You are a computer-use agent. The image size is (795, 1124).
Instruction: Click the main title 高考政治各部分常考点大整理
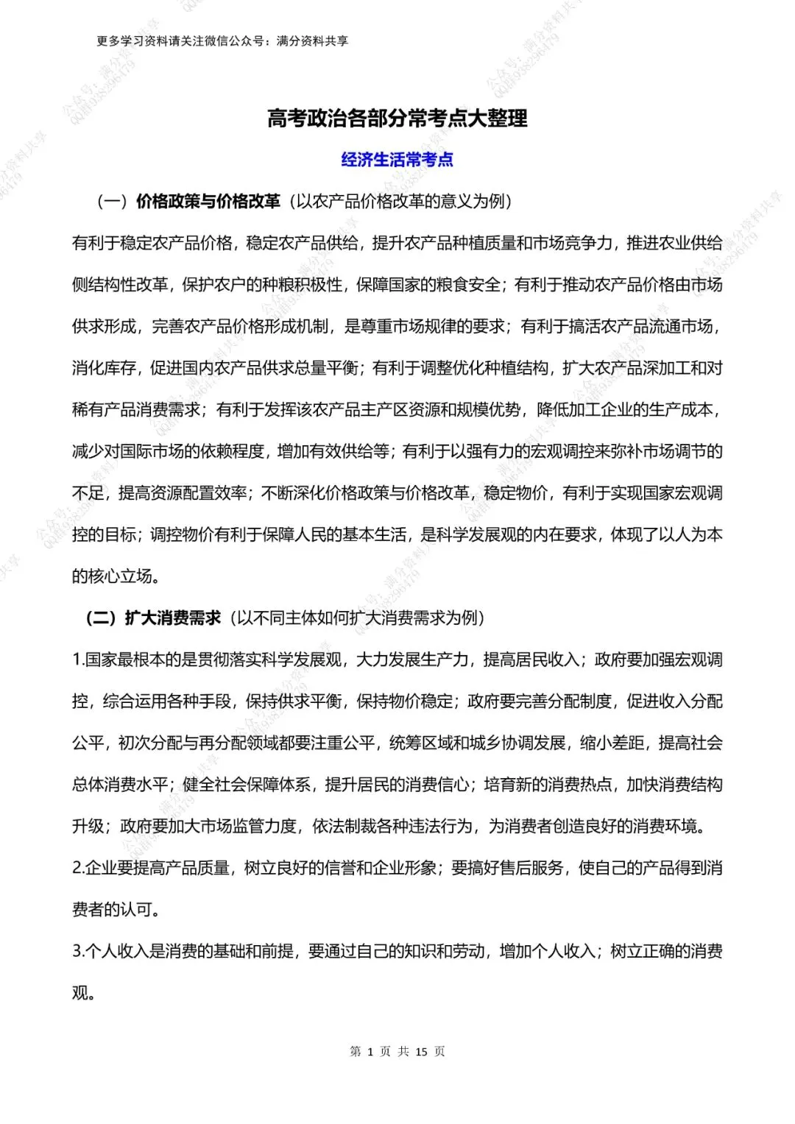tap(397, 119)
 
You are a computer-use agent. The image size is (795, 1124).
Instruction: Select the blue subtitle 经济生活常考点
tap(397, 159)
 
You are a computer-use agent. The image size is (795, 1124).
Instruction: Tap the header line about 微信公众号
tap(222, 41)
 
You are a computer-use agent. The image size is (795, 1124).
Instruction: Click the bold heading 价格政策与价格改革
tap(208, 201)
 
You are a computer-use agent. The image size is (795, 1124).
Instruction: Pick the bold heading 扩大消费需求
tap(173, 618)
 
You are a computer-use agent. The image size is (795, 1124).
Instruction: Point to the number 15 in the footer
tap(421, 1051)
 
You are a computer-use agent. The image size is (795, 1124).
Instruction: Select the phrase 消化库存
tap(104, 368)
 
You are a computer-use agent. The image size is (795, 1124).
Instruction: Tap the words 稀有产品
tap(104, 410)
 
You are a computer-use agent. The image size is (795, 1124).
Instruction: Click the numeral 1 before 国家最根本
tap(76, 660)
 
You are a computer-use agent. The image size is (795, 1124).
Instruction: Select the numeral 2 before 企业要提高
tap(77, 868)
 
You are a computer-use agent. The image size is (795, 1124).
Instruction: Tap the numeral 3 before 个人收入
tap(77, 951)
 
